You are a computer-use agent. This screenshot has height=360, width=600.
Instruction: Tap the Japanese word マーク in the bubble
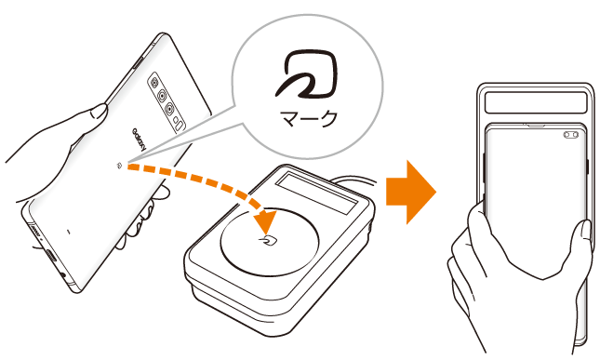pyautogui.click(x=309, y=119)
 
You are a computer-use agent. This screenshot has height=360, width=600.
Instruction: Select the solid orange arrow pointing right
pyautogui.click(x=411, y=192)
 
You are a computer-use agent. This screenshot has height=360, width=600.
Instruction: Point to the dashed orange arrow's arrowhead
pyautogui.click(x=264, y=220)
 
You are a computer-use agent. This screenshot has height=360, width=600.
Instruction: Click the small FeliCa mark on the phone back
pyautogui.click(x=120, y=166)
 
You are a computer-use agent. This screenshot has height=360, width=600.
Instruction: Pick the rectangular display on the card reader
pyautogui.click(x=316, y=192)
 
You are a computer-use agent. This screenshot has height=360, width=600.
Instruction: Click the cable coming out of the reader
pyautogui.click(x=354, y=180)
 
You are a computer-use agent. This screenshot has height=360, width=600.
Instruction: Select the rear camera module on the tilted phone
pyautogui.click(x=167, y=102)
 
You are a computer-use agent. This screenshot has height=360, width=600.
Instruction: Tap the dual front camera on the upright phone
pyautogui.click(x=570, y=135)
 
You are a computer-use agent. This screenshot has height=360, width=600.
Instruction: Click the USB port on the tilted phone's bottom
pyautogui.click(x=50, y=255)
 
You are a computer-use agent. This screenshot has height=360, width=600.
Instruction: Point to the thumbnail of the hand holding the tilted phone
pyautogui.click(x=99, y=112)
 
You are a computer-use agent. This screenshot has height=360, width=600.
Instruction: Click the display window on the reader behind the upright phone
pyautogui.click(x=536, y=102)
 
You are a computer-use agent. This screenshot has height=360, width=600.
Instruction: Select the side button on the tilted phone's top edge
pyautogui.click(x=138, y=63)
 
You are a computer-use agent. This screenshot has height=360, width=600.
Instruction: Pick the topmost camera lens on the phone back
pyautogui.click(x=154, y=82)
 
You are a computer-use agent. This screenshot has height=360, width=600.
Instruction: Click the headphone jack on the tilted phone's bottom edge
pyautogui.click(x=63, y=274)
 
